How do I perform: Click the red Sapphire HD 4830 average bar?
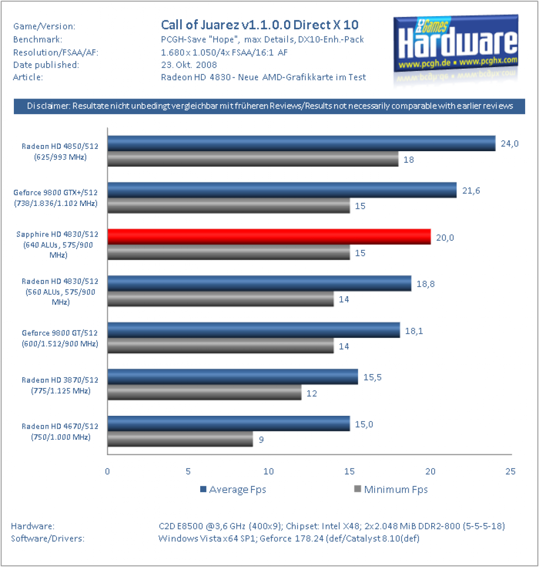click(269, 236)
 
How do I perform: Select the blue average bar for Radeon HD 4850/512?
click(301, 143)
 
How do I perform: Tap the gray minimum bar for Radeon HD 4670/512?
click(180, 439)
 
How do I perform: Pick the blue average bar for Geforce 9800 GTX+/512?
click(282, 190)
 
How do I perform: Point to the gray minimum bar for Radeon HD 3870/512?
click(205, 393)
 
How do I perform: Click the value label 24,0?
click(509, 143)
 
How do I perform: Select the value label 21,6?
click(471, 190)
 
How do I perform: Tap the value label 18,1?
click(414, 331)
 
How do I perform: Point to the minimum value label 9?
click(261, 440)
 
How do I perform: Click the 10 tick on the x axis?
click(268, 471)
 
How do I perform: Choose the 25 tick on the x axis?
click(510, 471)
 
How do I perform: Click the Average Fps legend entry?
click(233, 489)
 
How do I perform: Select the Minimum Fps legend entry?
click(391, 489)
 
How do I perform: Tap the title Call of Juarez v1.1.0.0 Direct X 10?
click(260, 25)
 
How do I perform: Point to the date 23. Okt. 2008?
click(189, 65)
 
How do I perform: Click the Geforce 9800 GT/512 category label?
click(60, 338)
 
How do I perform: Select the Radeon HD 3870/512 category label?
click(60, 385)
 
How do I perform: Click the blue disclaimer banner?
click(269, 106)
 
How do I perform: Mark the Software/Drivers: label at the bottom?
click(48, 538)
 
